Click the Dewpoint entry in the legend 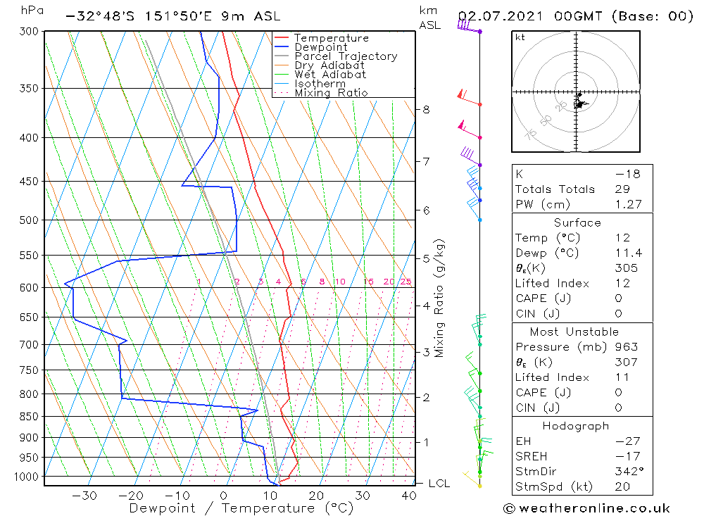point(320,47)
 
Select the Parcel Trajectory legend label point(346,56)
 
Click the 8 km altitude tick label point(426,109)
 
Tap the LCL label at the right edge point(439,483)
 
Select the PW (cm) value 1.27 point(628,204)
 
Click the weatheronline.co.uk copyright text point(586,508)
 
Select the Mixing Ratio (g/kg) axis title point(440,298)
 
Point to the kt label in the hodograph point(520,37)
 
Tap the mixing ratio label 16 point(369,282)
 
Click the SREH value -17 point(626,455)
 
